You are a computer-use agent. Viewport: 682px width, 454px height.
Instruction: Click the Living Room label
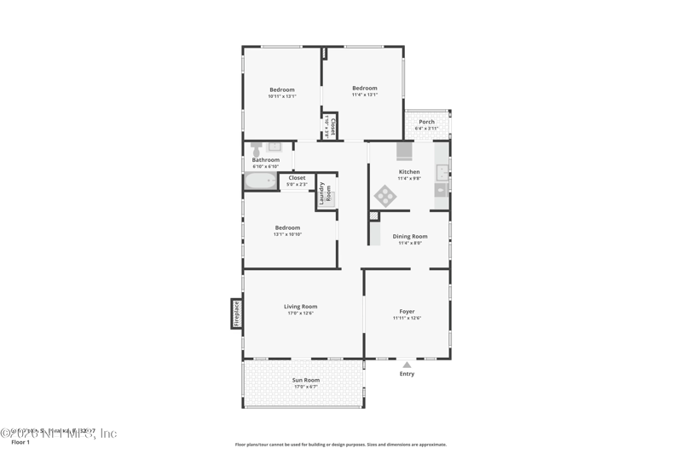[x=300, y=307]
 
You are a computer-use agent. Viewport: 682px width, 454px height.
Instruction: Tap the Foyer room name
[x=407, y=312]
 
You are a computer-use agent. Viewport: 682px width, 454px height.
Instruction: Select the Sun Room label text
[x=305, y=380]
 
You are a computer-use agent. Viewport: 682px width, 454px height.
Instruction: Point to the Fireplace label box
[x=236, y=313]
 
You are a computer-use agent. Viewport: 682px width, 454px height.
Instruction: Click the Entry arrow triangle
[x=407, y=365]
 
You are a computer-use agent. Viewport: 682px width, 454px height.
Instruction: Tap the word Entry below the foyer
[x=407, y=374]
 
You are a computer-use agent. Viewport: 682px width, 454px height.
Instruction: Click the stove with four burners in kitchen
[x=385, y=196]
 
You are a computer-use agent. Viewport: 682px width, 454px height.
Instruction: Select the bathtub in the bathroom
[x=260, y=181]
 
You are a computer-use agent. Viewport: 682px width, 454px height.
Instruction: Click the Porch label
[x=426, y=122]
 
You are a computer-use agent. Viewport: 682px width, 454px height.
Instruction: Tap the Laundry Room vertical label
[x=325, y=192]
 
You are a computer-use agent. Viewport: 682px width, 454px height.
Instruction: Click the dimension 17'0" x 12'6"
[x=300, y=313]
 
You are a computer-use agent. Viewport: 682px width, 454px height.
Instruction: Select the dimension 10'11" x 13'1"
[x=281, y=96]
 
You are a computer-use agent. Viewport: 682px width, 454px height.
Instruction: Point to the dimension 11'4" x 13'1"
[x=364, y=95]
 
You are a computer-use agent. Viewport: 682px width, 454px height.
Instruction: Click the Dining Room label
[x=410, y=236]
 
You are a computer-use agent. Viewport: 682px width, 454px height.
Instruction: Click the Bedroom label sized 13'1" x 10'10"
[x=287, y=227]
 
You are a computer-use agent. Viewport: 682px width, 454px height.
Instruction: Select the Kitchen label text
[x=409, y=172]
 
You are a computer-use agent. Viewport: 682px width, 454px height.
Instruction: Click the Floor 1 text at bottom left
[x=20, y=442]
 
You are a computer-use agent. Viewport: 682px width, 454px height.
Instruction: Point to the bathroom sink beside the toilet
[x=274, y=147]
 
